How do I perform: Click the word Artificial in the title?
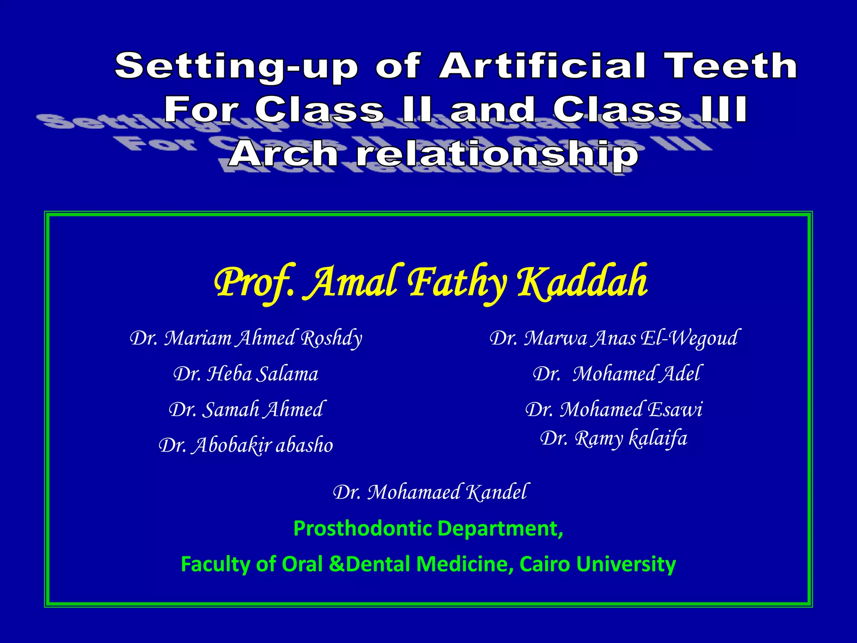542,66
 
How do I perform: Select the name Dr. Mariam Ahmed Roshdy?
246,338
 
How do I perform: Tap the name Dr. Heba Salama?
246,374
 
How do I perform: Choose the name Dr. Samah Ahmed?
246,409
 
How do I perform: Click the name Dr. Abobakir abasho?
246,445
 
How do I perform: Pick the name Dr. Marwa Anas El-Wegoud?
614,338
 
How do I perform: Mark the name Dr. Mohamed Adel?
616,374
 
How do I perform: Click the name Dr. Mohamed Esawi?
614,409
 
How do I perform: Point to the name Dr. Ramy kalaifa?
614,439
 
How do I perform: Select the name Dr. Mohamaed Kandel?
430,492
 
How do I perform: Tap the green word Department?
500,529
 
